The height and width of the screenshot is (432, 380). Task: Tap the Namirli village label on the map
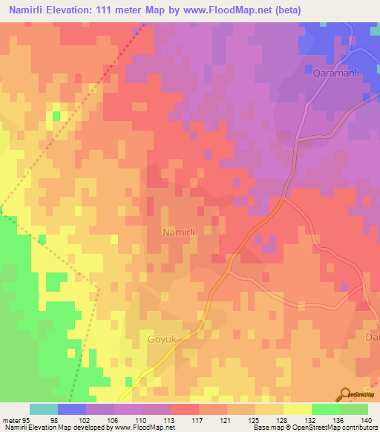pyautogui.click(x=178, y=232)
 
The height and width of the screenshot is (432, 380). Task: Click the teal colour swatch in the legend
pyautogui.click(x=44, y=409)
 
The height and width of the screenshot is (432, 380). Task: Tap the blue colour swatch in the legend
pyautogui.click(x=72, y=409)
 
